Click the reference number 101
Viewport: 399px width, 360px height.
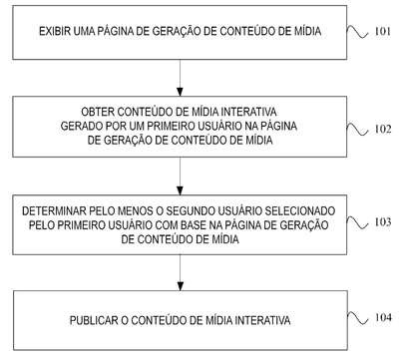[383, 31]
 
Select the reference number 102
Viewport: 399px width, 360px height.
[383, 129]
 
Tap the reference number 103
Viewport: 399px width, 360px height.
[383, 221]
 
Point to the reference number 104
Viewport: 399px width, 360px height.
[383, 317]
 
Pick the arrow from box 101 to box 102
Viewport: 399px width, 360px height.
[180, 78]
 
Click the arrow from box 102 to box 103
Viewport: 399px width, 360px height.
[180, 177]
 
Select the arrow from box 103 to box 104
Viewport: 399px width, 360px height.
[180, 273]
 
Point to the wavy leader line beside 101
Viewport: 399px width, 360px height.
[357, 32]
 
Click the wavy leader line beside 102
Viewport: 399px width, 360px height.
[357, 130]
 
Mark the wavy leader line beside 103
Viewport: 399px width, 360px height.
[357, 222]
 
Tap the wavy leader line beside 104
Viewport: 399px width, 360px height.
[358, 318]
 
